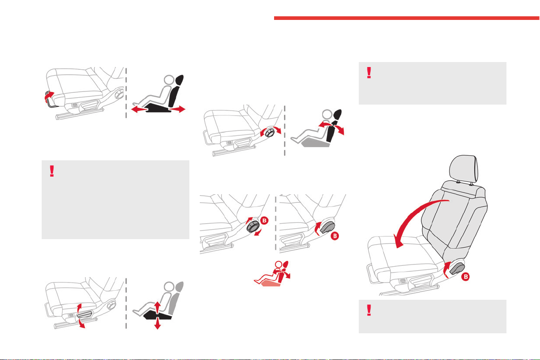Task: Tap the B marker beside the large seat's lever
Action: click(465, 276)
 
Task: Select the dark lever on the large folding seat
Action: click(457, 268)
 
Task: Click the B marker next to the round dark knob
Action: click(265, 220)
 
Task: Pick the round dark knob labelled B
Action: click(253, 226)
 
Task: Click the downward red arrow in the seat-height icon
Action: click(157, 324)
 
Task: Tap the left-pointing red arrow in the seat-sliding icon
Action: click(140, 110)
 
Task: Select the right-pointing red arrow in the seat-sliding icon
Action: click(177, 109)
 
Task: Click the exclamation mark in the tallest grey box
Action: click(52, 171)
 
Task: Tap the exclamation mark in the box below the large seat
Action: click(369, 310)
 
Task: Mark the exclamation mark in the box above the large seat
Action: click(369, 72)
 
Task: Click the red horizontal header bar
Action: click(407, 18)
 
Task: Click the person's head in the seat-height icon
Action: click(169, 287)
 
